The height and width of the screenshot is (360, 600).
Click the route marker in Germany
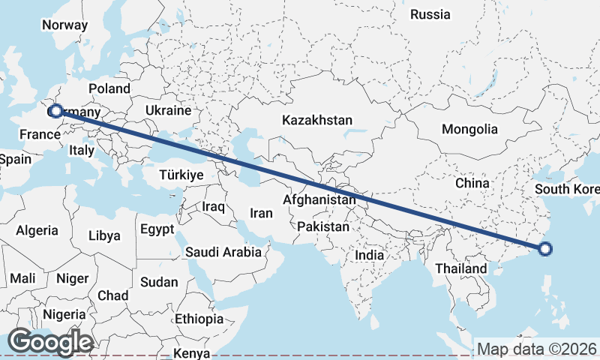coord(55,110)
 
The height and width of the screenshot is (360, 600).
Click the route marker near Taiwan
coord(545,249)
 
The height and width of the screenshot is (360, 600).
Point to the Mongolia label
coord(469,129)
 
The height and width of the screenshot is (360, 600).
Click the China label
coord(472,183)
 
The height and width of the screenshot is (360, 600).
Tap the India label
coord(369,255)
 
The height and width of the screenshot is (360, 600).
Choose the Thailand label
coord(460,268)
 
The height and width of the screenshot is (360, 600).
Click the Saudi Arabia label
coord(223,252)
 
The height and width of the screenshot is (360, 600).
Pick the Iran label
coord(261,213)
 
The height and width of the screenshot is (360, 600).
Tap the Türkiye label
coord(181,174)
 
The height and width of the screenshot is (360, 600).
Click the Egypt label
coord(157,229)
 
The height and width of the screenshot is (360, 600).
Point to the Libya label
coord(104,235)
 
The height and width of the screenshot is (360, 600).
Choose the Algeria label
coord(37,230)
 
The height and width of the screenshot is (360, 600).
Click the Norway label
coord(64,24)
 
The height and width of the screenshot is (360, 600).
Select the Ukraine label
coord(169,110)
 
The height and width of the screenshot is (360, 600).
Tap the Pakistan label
coord(323,226)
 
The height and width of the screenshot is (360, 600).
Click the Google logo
coord(49,343)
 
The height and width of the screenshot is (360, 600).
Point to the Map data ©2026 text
coord(537,349)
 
